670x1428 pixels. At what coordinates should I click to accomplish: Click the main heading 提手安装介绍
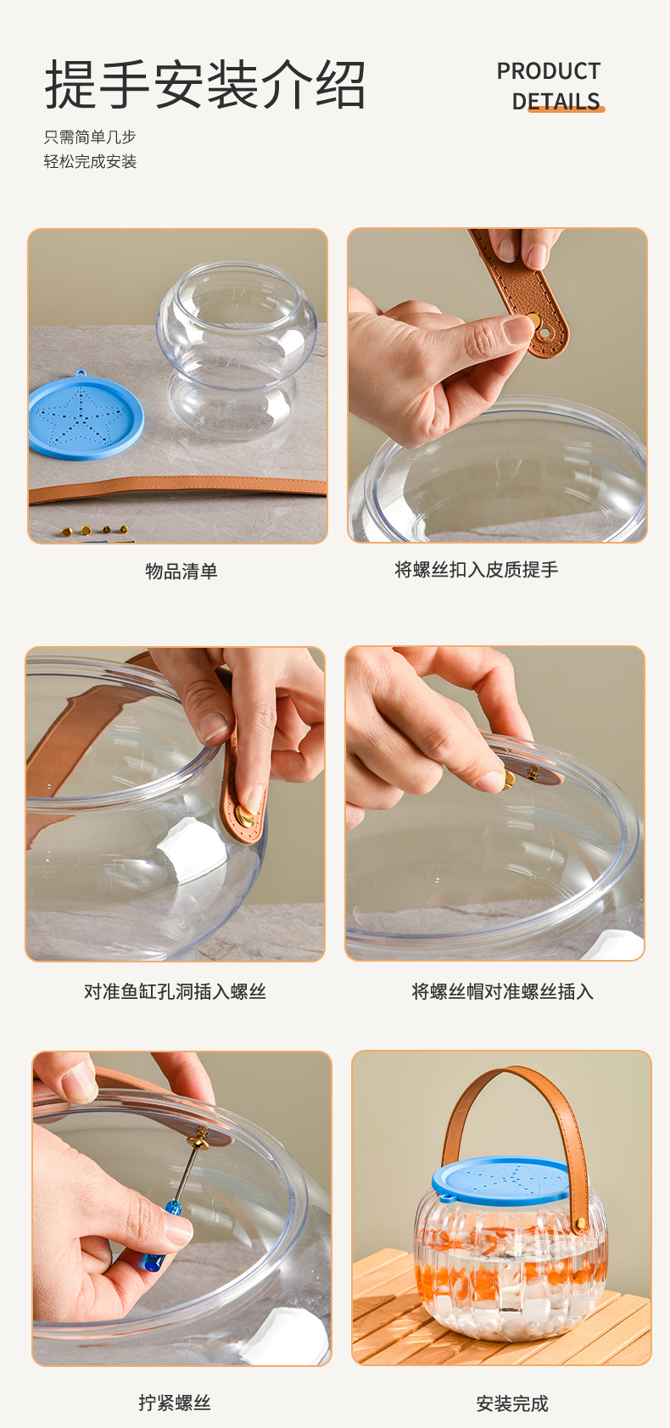coord(204,84)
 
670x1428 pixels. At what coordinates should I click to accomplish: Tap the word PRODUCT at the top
coord(548,70)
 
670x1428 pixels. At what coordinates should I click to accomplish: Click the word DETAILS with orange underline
coord(556,102)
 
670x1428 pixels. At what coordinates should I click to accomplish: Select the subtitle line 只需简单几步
coord(90,137)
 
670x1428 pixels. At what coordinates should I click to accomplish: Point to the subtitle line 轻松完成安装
coord(90,161)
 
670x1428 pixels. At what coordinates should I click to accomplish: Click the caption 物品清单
coord(181,571)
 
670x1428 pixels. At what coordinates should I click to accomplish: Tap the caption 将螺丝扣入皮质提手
coord(476,569)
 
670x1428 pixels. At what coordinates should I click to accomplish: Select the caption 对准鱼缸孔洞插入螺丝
coord(175,991)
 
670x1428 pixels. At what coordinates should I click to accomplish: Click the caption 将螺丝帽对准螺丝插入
coord(502,991)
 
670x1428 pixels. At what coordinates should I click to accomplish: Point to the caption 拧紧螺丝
coord(175,1403)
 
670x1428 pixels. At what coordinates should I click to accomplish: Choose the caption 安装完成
coord(512,1403)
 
